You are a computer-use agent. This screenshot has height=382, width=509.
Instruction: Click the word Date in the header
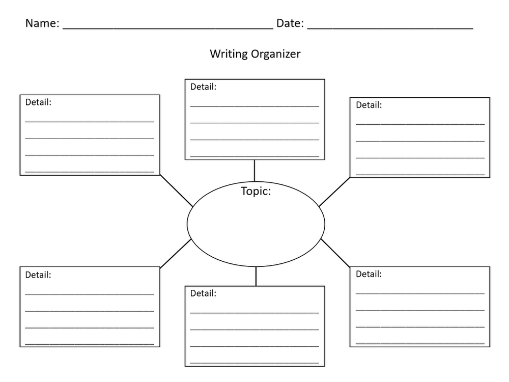click(x=289, y=23)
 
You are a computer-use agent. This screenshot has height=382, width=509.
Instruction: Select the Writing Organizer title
click(x=255, y=54)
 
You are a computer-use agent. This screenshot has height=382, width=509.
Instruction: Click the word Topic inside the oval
click(x=256, y=192)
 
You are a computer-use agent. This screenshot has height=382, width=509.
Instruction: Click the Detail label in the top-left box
click(x=39, y=102)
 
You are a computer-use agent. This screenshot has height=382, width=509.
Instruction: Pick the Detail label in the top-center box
click(x=204, y=87)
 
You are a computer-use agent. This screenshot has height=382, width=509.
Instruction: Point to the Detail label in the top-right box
click(x=369, y=105)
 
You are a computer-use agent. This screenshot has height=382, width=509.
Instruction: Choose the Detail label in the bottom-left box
click(x=39, y=275)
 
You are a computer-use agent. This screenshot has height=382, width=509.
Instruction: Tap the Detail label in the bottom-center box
click(x=204, y=293)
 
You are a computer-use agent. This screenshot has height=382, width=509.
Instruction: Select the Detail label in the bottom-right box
click(x=369, y=274)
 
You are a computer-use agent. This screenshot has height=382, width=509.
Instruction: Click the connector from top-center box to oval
click(x=254, y=170)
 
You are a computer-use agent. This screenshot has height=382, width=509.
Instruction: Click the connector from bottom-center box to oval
click(x=256, y=276)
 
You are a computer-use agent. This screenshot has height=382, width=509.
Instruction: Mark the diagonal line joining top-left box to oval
click(x=177, y=190)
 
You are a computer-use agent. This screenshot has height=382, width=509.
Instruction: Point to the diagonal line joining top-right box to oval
click(x=334, y=192)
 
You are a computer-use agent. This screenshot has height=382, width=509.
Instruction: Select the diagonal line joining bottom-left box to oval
click(x=176, y=253)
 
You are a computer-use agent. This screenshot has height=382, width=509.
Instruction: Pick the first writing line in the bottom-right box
click(x=420, y=294)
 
